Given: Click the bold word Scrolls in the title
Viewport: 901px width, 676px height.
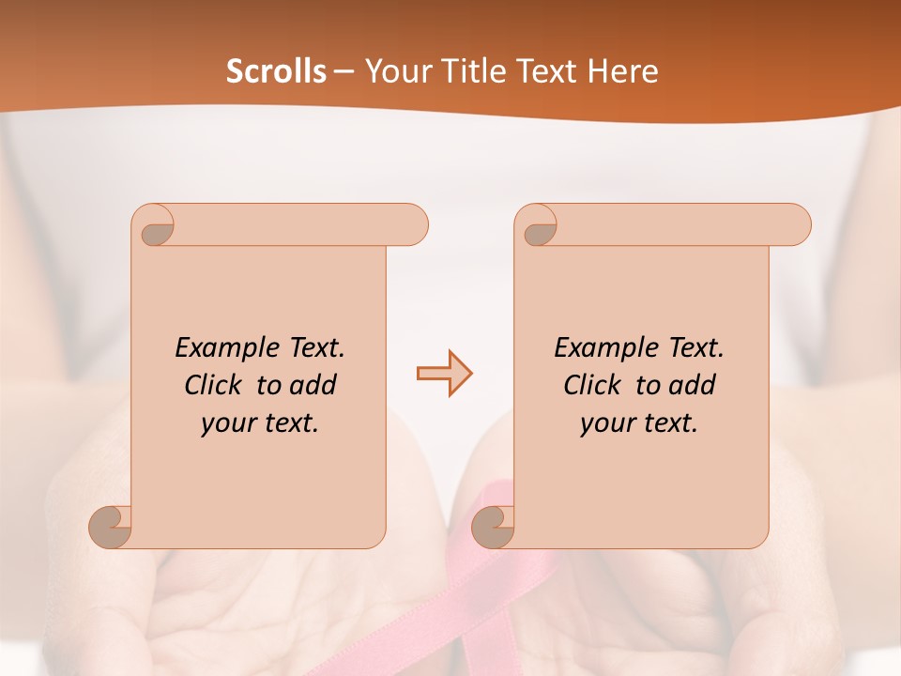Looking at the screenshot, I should tap(277, 71).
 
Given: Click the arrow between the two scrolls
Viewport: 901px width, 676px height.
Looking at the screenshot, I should tap(445, 374).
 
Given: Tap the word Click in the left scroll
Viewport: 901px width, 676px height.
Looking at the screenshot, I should tap(214, 385).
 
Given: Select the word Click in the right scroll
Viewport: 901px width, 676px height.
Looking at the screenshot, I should tap(593, 385).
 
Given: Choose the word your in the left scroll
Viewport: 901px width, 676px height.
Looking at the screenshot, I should tap(228, 423).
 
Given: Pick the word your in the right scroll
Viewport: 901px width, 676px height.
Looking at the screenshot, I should tap(607, 423).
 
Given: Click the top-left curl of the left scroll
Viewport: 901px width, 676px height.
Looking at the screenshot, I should tap(157, 229).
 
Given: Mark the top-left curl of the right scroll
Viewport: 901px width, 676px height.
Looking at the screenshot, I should tap(540, 229).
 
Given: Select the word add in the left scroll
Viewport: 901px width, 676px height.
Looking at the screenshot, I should tap(314, 385).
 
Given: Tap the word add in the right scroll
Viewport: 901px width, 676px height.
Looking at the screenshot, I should tap(694, 385).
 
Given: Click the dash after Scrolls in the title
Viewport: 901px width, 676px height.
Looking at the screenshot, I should tap(344, 72).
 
